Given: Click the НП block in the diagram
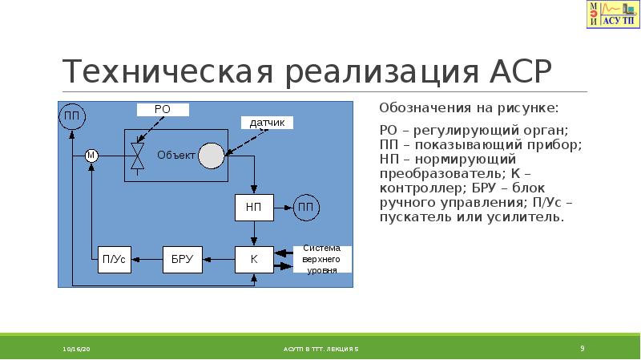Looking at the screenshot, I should (253, 207).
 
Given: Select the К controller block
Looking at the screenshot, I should (253, 259).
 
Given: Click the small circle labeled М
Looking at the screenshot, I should (91, 155).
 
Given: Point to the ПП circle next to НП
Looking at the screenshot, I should (304, 207).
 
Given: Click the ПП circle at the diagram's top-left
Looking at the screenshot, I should (71, 117).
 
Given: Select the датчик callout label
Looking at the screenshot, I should (267, 123).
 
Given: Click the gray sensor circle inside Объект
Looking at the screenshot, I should (212, 155).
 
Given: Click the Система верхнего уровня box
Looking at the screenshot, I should (321, 259).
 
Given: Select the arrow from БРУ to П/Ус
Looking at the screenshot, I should (145, 259).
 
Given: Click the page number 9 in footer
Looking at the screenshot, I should (583, 348).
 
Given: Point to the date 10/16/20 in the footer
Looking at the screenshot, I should (78, 350).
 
